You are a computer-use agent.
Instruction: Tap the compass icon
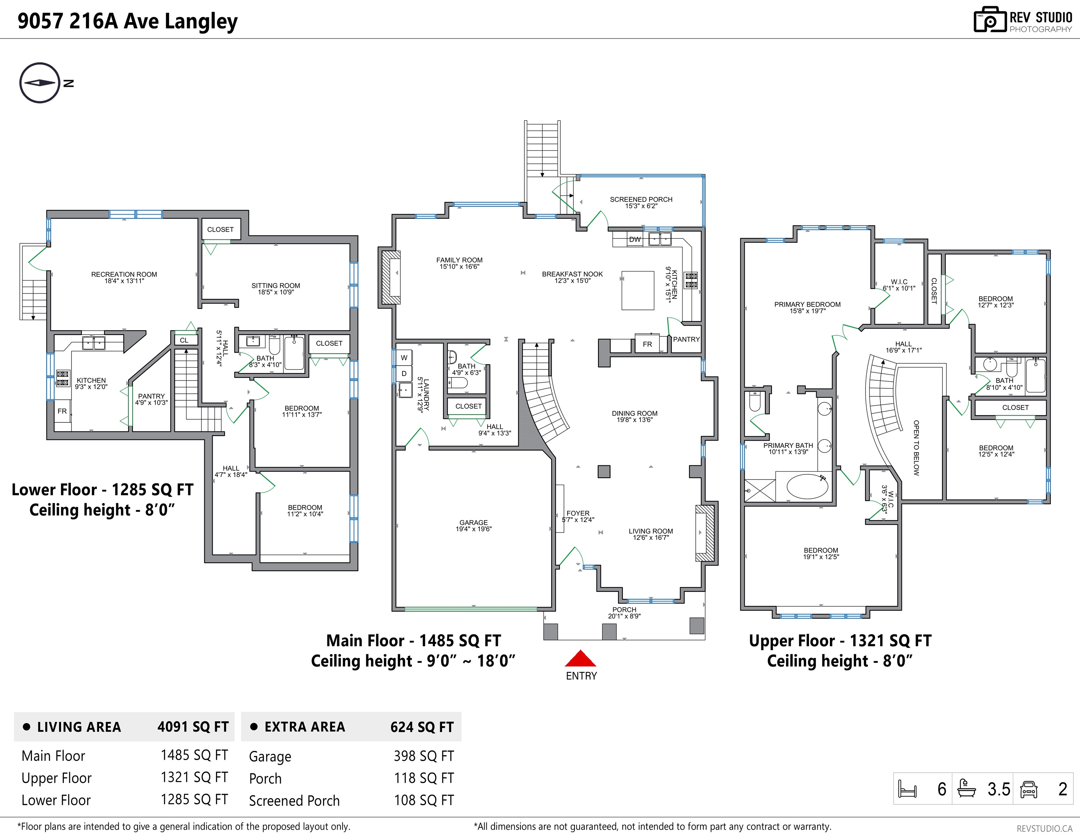[x=40, y=83]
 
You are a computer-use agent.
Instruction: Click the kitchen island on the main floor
[x=638, y=290]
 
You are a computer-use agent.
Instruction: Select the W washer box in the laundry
[x=404, y=358]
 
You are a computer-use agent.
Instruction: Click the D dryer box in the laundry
[x=404, y=374]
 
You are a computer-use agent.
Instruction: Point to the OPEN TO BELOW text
[x=916, y=448]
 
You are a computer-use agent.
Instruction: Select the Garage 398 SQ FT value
[x=424, y=756]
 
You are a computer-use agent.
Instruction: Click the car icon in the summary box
[x=1028, y=789]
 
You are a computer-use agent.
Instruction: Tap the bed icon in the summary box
[x=907, y=789]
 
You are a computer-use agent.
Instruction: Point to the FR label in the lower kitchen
[x=62, y=411]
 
